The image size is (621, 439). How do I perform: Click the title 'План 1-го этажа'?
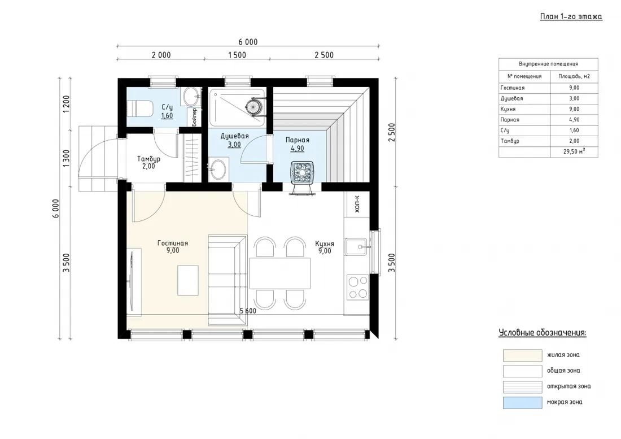point(571,16)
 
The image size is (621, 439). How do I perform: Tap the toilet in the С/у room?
point(141,108)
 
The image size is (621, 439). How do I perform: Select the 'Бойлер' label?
point(194,117)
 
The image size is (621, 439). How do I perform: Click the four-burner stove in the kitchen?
point(357,287)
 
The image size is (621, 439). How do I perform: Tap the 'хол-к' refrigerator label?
point(357,203)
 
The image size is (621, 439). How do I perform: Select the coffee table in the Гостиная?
point(188,280)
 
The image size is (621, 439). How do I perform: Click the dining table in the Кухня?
point(279,273)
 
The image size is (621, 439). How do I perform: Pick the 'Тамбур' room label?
point(149,159)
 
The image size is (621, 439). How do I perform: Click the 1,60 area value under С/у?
point(167,116)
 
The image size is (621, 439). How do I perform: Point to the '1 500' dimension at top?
point(237,55)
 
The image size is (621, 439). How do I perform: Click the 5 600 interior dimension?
point(248,311)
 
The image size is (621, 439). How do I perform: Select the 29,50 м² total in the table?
point(574,151)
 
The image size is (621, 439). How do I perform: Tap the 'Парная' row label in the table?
point(510,120)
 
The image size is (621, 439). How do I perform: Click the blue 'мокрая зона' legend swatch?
point(522,402)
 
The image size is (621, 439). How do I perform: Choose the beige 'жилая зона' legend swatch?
point(522,355)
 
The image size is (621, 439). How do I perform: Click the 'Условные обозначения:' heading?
point(542,333)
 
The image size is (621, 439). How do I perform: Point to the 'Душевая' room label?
point(234,136)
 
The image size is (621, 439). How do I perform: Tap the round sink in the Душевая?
point(218,169)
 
